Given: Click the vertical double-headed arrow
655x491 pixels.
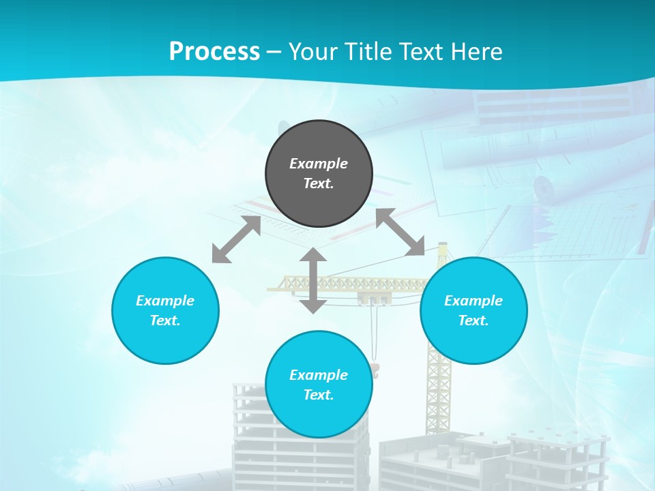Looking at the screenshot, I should pos(313,280).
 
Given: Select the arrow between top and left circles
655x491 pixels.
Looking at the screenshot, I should pos(236,239).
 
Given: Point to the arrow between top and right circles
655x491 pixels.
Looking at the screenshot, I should pos(400,233).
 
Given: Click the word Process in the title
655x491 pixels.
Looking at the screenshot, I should pos(214,51).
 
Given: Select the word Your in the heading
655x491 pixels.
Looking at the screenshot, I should pos(311,52).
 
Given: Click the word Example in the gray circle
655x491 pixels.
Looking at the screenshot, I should pos(319,164).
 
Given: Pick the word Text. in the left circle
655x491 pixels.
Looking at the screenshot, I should pos(165,321).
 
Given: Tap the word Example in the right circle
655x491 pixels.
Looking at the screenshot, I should pos(474,301).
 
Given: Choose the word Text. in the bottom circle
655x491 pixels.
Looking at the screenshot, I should pos(319,395).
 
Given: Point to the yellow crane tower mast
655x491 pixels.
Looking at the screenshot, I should pos(439,382).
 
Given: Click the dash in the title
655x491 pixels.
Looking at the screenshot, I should pos(274,52).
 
